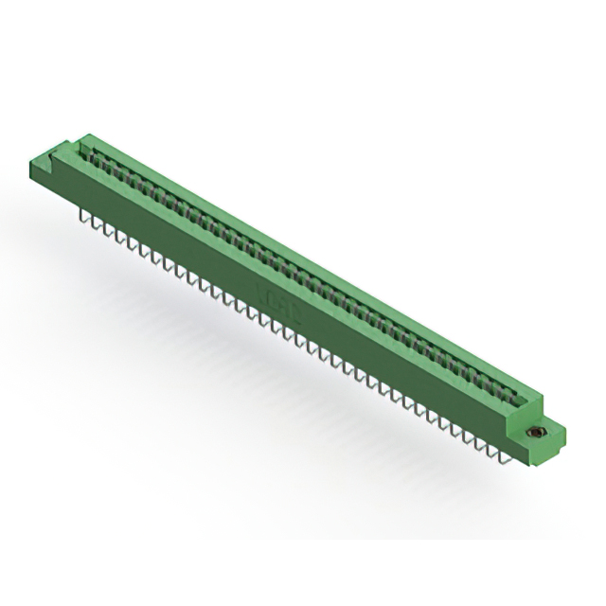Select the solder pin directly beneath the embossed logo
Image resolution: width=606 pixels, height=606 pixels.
tap(275, 328)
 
